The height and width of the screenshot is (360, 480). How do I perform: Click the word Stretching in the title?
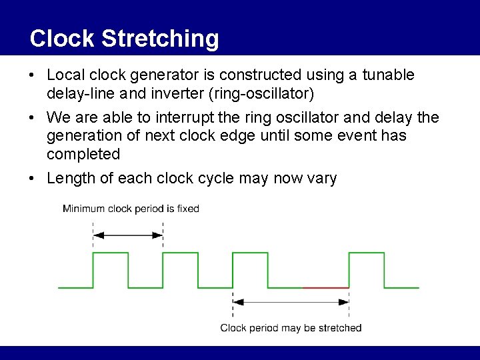pyautogui.click(x=160, y=39)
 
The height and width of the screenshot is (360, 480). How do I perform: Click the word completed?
pyautogui.click(x=83, y=154)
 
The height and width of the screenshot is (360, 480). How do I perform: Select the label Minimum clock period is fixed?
pyautogui.click(x=131, y=209)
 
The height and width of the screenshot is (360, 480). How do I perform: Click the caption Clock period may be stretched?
pyautogui.click(x=291, y=327)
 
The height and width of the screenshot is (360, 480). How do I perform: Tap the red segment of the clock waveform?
pyautogui.click(x=325, y=287)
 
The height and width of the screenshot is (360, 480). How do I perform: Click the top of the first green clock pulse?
pyautogui.click(x=111, y=253)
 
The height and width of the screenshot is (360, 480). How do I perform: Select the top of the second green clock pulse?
pyautogui.click(x=180, y=253)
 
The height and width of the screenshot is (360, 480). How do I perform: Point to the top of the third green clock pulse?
pyautogui.click(x=249, y=253)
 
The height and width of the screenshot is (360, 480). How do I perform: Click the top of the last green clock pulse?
pyautogui.click(x=366, y=253)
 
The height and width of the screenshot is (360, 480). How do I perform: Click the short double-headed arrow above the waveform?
pyautogui.click(x=128, y=235)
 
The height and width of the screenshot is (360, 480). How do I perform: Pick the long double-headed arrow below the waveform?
pyautogui.click(x=291, y=301)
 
